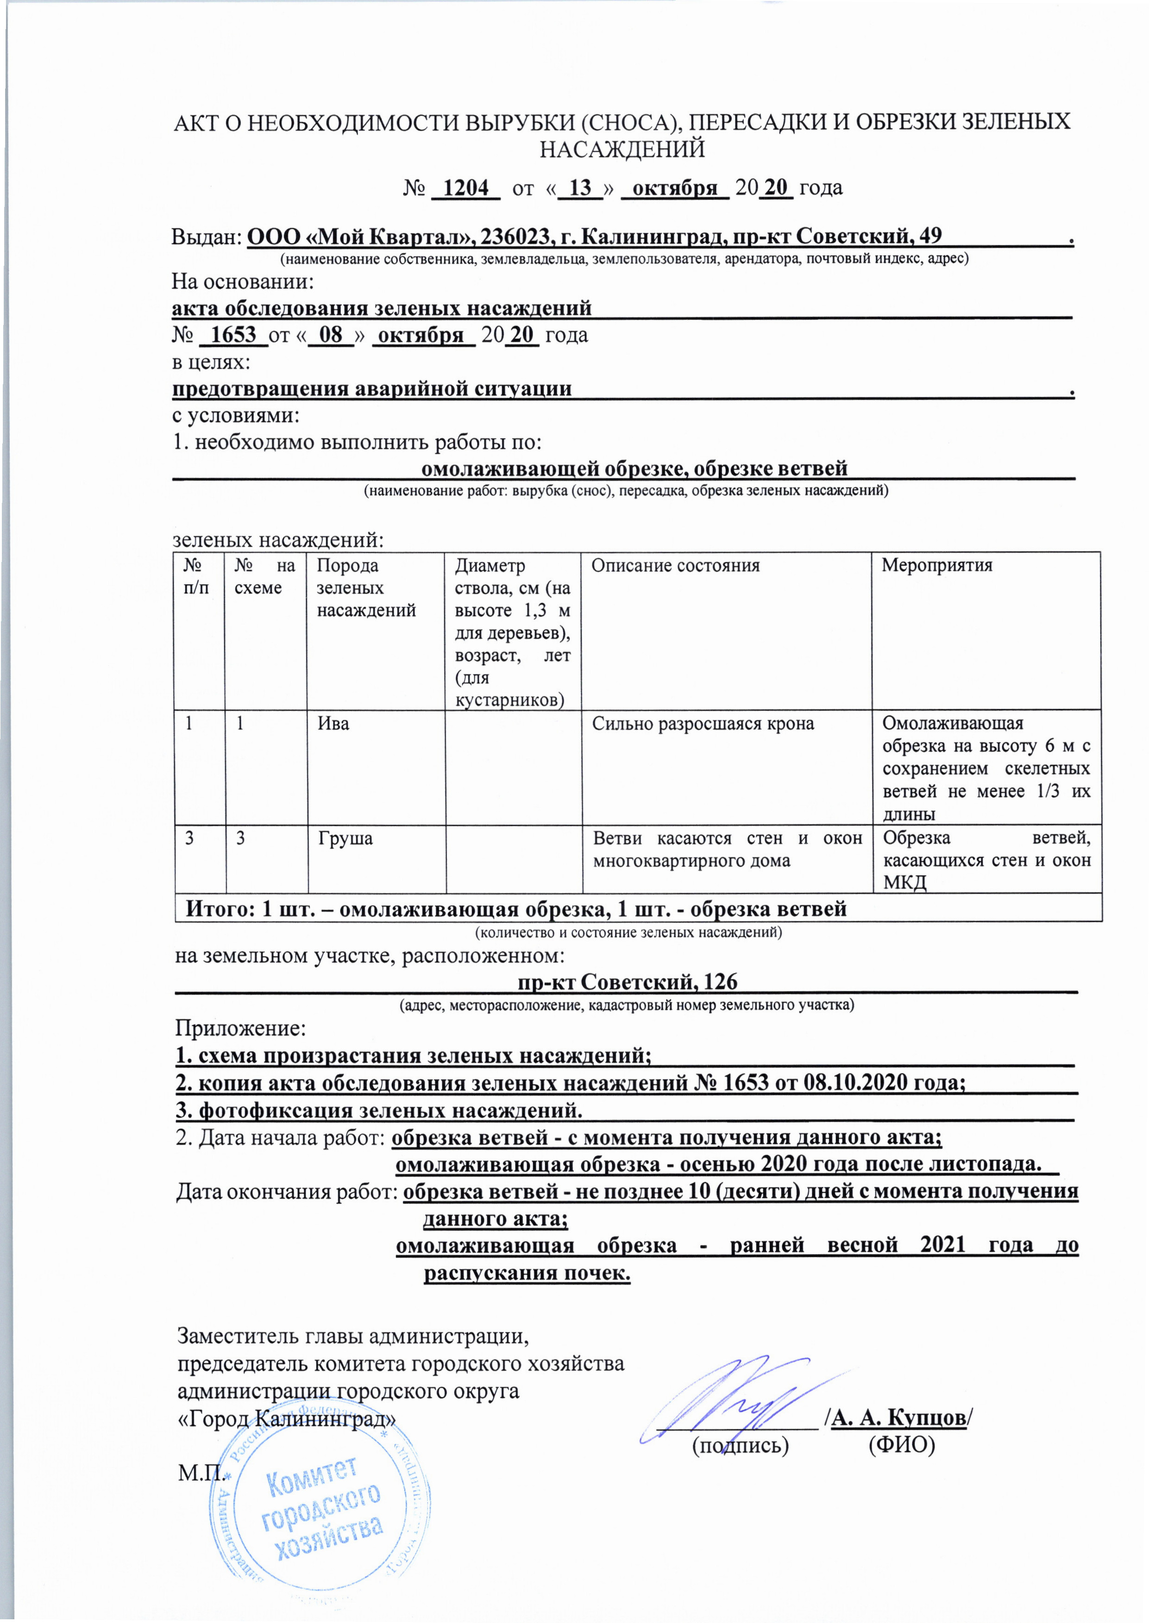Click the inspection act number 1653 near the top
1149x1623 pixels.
[x=233, y=335]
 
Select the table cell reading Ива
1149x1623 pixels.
[x=333, y=724]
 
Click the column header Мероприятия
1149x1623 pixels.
[x=937, y=566]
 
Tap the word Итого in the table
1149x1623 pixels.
[x=218, y=909]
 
